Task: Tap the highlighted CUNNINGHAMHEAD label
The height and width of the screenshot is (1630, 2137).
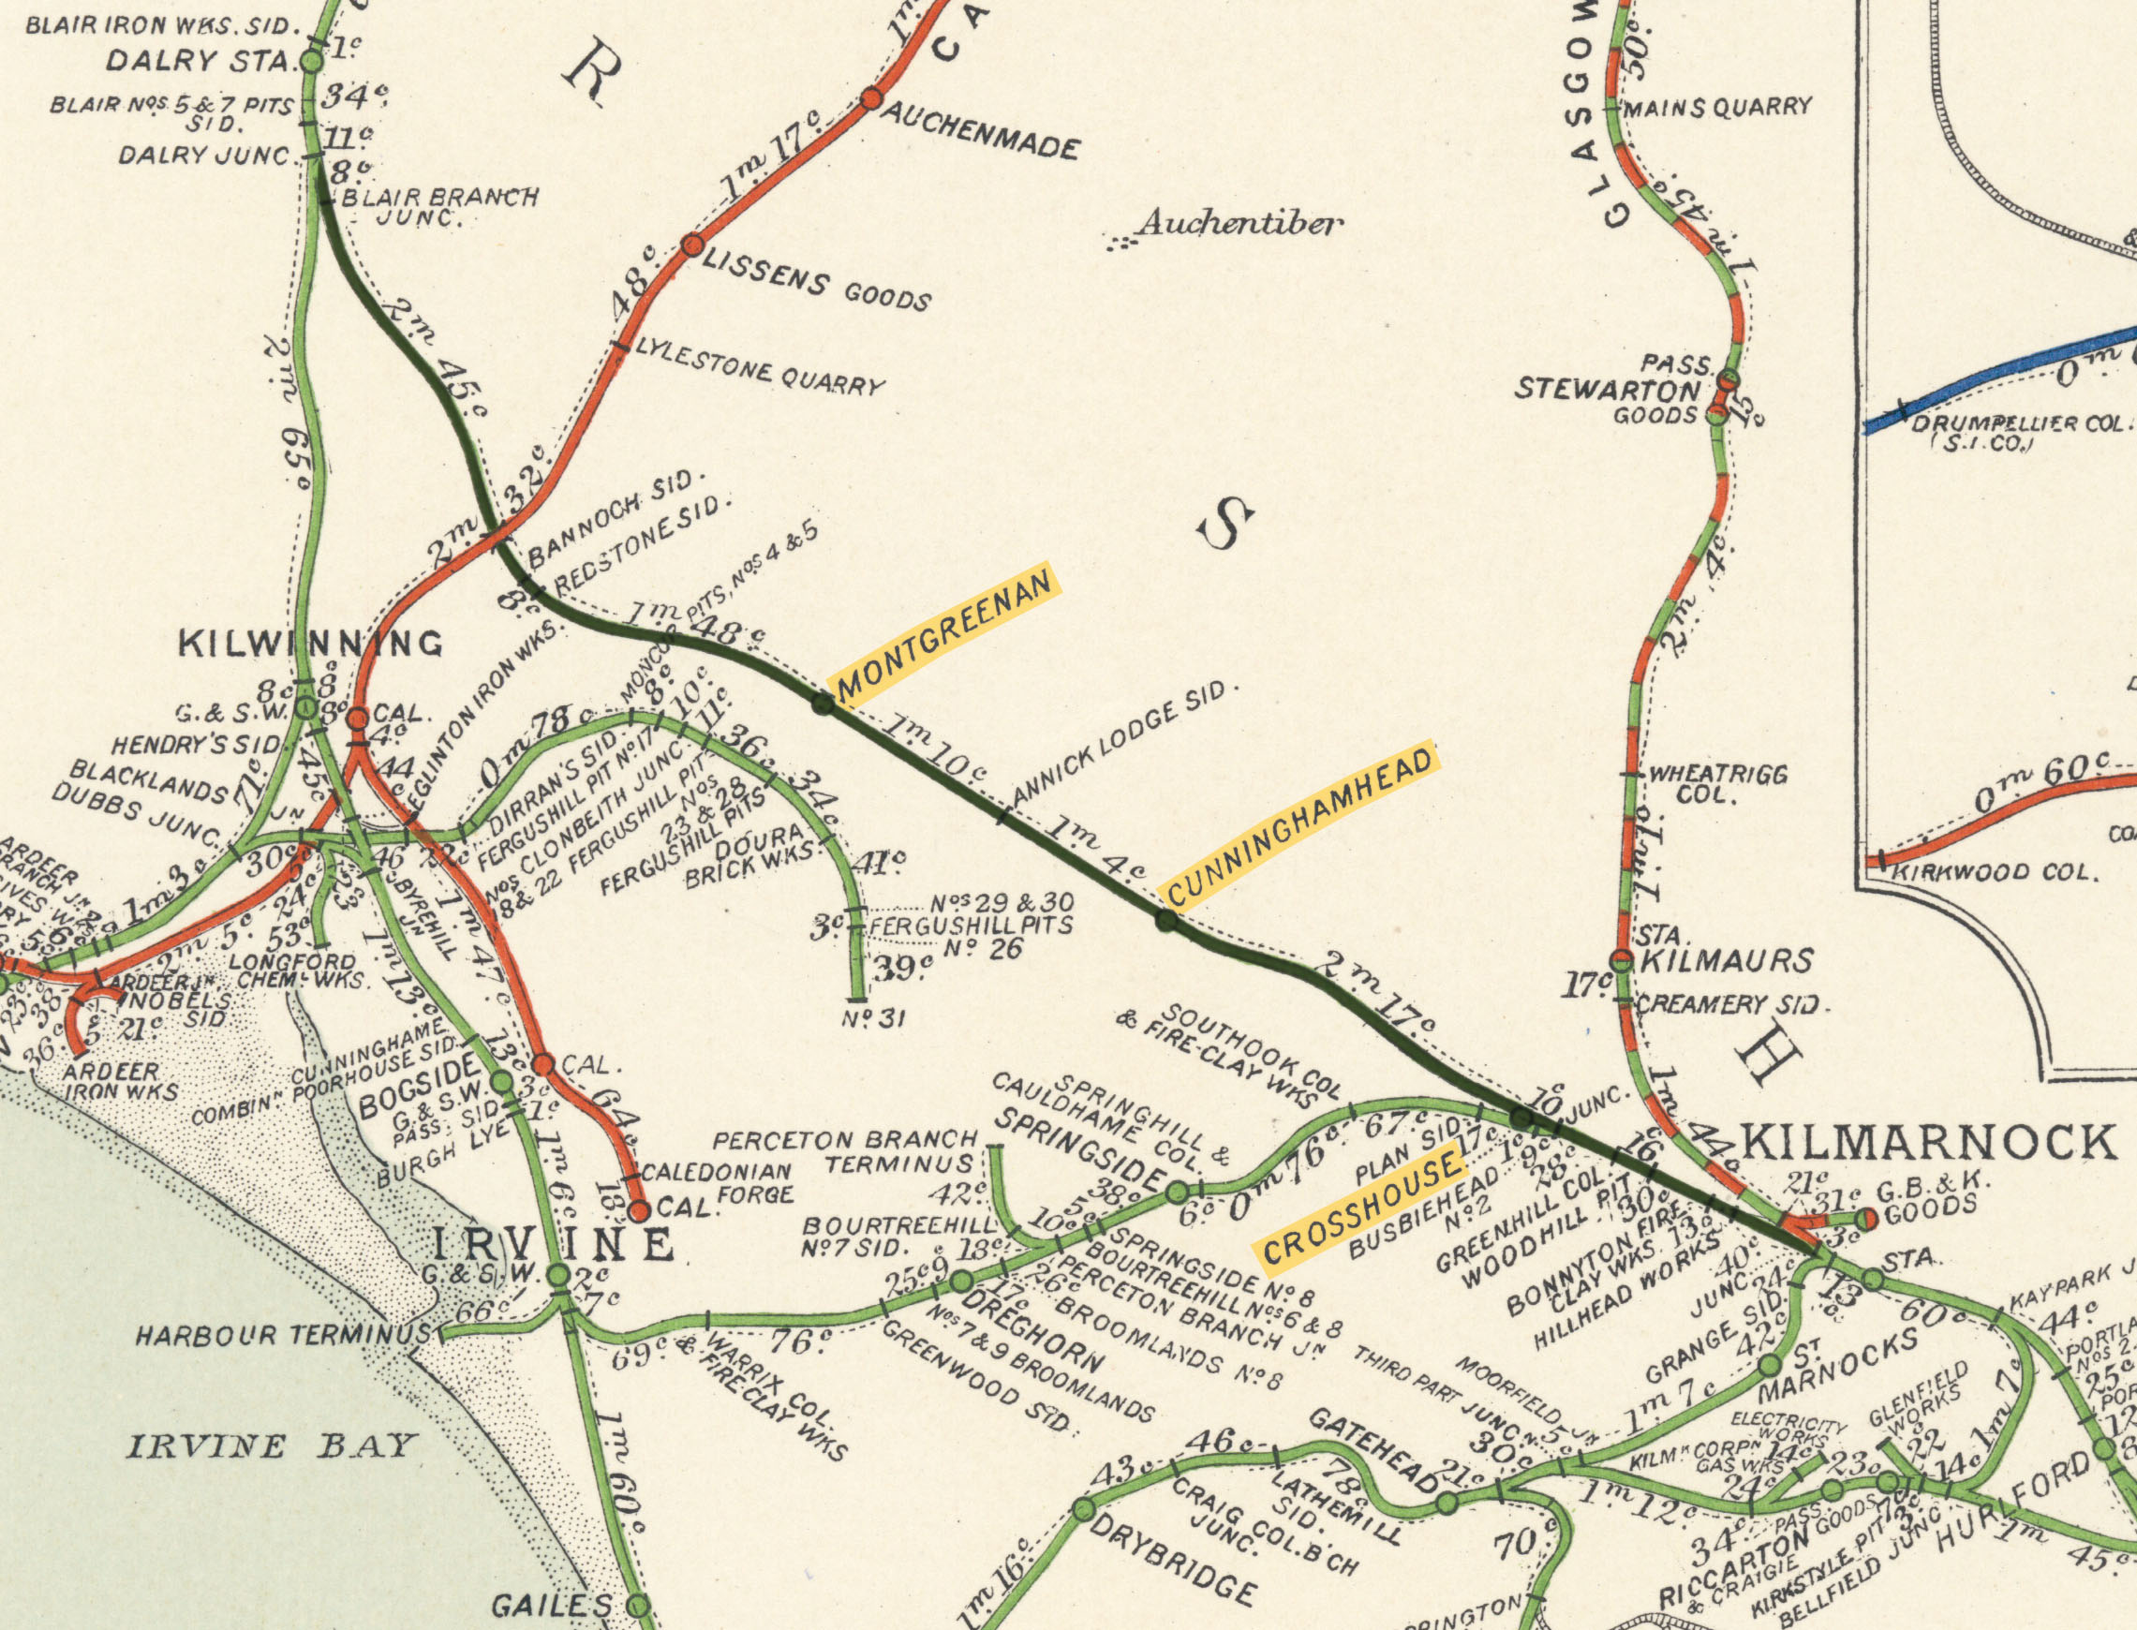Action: coord(1299,825)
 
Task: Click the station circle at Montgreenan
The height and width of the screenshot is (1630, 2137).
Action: coord(823,704)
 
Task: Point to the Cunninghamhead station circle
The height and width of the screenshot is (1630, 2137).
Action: coord(1167,921)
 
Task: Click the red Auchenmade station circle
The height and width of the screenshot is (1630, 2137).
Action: coord(871,98)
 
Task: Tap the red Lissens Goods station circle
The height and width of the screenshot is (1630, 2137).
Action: coord(691,245)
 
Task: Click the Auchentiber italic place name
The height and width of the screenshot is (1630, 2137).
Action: coord(1239,224)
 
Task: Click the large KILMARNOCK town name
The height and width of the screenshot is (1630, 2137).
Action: coord(1928,1142)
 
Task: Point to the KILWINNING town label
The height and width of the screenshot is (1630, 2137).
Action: coord(310,644)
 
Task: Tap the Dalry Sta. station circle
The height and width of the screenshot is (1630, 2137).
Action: coord(312,62)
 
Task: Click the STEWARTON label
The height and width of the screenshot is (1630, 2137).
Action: coord(1608,390)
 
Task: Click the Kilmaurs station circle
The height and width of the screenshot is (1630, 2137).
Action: coord(1622,960)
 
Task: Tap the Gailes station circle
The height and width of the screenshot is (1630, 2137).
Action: coord(637,1606)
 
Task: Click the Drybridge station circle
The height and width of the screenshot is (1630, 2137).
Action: coord(1085,1510)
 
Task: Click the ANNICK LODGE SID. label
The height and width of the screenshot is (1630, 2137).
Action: coord(1125,742)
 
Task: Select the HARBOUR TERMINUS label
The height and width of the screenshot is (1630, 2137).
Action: coord(281,1336)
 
